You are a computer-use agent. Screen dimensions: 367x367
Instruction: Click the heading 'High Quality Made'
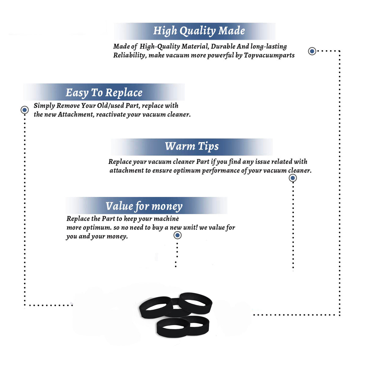pyautogui.click(x=199, y=31)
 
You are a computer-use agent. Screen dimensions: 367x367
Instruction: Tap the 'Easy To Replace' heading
pyautogui.click(x=104, y=93)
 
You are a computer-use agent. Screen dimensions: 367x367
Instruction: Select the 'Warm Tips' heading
pyautogui.click(x=191, y=147)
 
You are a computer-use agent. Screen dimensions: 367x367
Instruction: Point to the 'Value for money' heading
pyautogui.click(x=144, y=206)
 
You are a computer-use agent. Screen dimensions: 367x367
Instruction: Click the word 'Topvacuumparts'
pyautogui.click(x=269, y=55)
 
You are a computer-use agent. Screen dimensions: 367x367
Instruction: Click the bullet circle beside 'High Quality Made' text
pyautogui.click(x=312, y=51)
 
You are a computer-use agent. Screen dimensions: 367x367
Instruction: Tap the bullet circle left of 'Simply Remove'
pyautogui.click(x=24, y=110)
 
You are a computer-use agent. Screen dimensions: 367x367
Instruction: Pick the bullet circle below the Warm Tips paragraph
pyautogui.click(x=293, y=178)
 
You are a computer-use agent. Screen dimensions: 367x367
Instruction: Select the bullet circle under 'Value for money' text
pyautogui.click(x=177, y=235)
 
